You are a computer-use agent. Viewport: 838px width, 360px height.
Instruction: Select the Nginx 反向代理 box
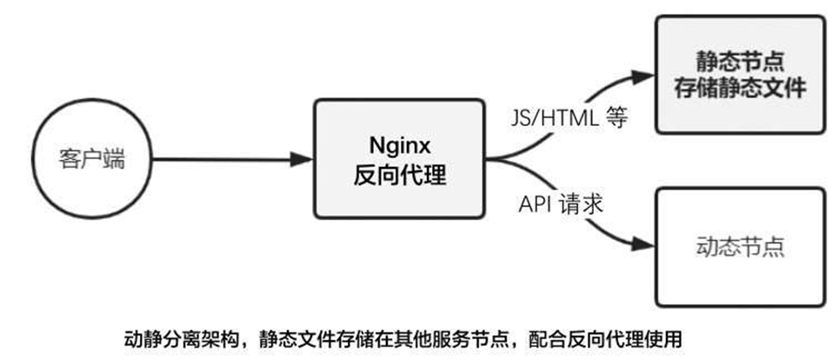click(399, 158)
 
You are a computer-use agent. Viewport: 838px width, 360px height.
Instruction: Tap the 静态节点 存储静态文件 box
click(739, 75)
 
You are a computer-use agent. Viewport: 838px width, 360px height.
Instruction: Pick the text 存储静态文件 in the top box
click(740, 89)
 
